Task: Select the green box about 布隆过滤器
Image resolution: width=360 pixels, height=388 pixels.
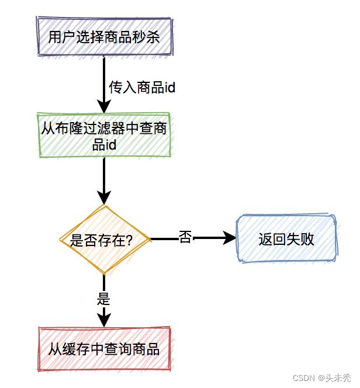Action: click(x=104, y=135)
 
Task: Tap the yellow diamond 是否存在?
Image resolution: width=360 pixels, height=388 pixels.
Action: click(x=105, y=240)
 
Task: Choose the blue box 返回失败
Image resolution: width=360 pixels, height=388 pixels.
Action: click(x=286, y=239)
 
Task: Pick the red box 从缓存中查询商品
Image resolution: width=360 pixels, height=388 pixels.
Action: click(x=104, y=349)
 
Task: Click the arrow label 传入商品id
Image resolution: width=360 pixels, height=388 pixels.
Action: click(x=142, y=88)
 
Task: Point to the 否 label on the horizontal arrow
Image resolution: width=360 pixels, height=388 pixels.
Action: click(x=185, y=238)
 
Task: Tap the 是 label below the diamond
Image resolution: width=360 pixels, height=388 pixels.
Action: click(x=103, y=300)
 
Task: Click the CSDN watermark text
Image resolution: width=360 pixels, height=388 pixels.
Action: click(x=303, y=378)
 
